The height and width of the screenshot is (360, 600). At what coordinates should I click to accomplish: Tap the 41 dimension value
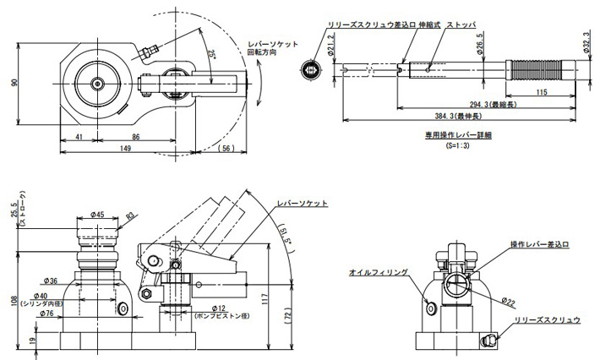[x=78, y=136]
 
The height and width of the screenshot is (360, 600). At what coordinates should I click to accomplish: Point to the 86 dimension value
[x=135, y=136]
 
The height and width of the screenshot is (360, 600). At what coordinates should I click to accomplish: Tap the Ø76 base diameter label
[x=48, y=314]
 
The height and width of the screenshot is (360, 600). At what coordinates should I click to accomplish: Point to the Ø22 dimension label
[x=507, y=301]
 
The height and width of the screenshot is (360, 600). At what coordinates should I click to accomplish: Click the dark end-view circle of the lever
[x=312, y=68]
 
